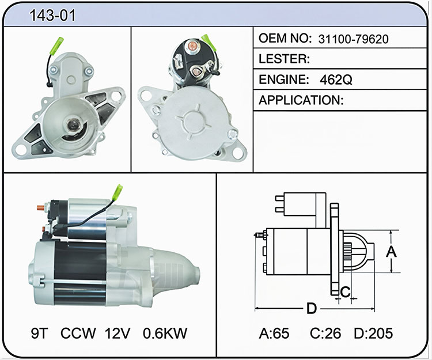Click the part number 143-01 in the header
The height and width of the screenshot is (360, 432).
click(x=52, y=16)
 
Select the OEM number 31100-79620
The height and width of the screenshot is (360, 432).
click(x=353, y=39)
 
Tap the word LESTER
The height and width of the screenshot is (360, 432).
click(x=284, y=59)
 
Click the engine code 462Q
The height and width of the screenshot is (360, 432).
click(x=336, y=80)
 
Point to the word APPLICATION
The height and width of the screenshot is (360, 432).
click(x=301, y=100)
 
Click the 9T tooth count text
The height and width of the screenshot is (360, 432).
click(x=39, y=333)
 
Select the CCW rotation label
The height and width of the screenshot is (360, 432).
click(x=78, y=333)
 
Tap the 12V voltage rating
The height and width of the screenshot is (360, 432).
click(x=117, y=333)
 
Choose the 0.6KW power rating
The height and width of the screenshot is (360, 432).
click(x=165, y=333)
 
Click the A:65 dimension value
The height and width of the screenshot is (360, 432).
click(x=274, y=334)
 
